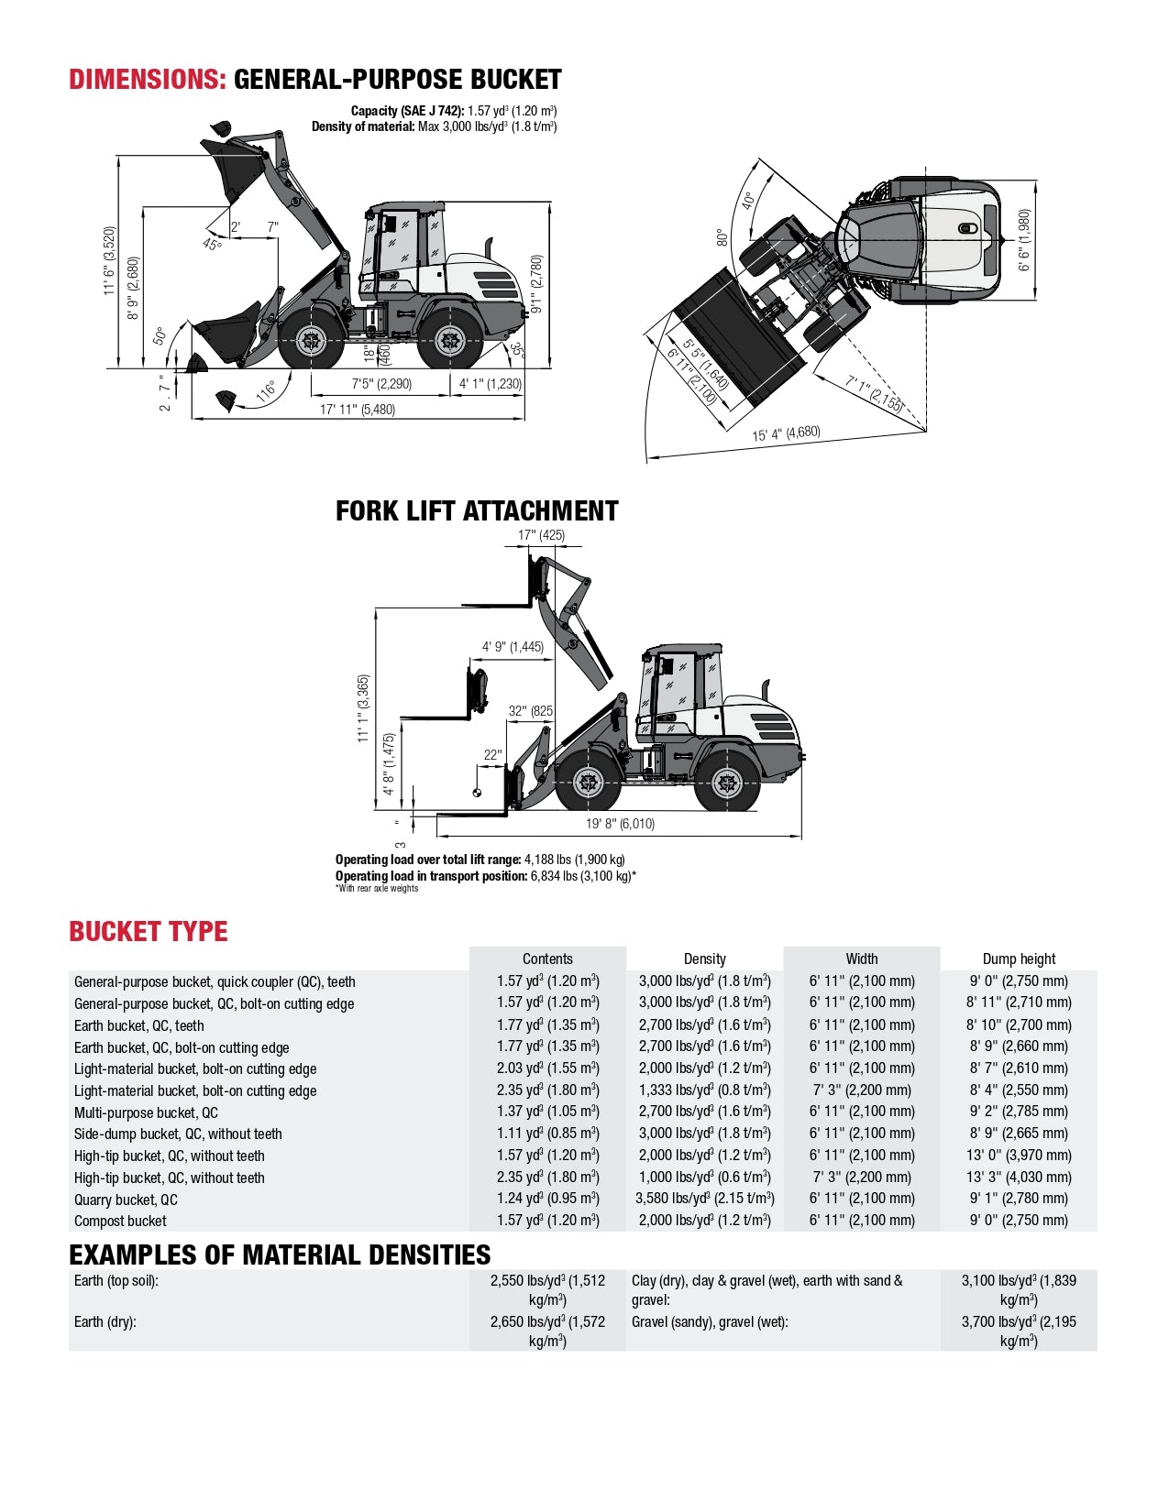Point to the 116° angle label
coord(266,391)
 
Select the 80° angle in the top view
coord(722,237)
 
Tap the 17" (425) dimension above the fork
coord(541,535)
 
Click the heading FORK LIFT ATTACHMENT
coord(477,511)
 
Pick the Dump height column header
coord(1019,959)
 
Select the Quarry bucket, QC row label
coord(126,1200)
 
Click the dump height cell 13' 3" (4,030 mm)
coord(1019,1178)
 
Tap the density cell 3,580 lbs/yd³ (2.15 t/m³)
coord(704,1199)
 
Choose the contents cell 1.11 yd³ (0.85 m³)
coord(547,1134)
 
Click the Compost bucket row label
coord(120,1222)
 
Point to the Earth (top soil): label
coord(116,1281)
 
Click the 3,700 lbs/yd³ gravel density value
coord(1019,1331)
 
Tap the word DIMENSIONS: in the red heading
coord(148,80)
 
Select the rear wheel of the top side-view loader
coord(450,342)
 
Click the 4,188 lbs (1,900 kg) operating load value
coord(574,860)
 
